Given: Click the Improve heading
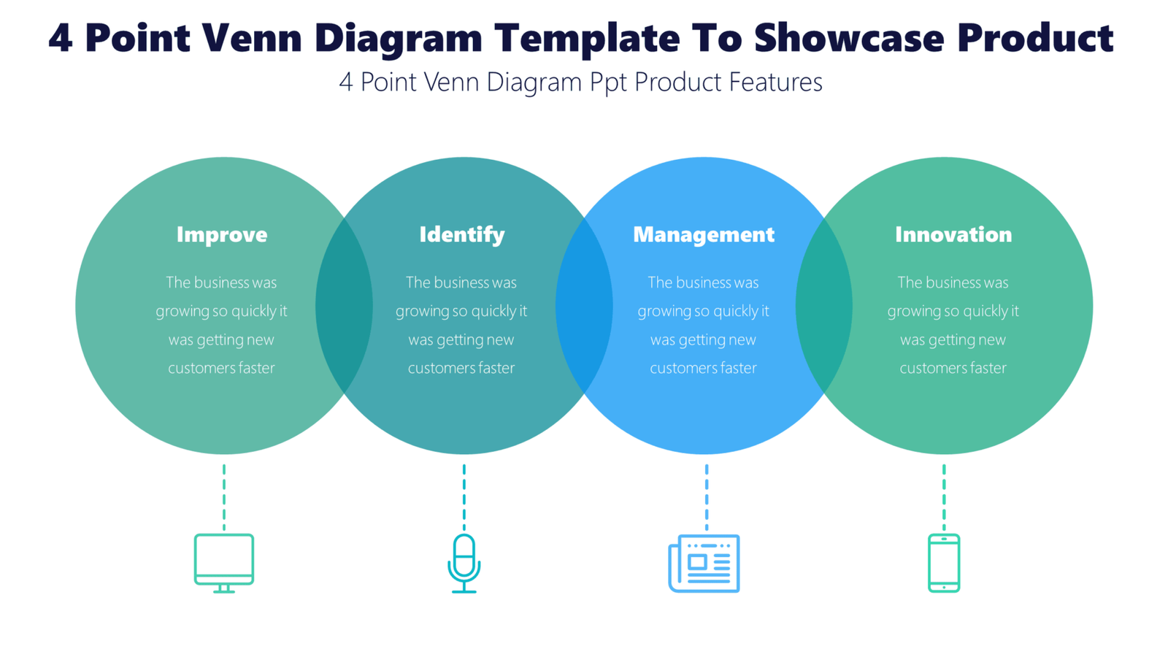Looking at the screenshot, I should click(222, 234).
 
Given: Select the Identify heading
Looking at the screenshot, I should click(462, 234).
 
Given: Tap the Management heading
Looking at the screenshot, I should click(703, 234).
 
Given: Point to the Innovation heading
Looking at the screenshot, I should click(953, 234).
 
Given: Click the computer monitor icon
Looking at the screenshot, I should click(224, 563).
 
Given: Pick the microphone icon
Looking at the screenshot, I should click(464, 563).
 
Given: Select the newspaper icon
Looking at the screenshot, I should click(704, 563).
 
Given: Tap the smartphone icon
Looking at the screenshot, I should click(944, 563).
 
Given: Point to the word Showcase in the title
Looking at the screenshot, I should click(850, 38).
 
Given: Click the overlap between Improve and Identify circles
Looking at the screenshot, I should click(344, 306).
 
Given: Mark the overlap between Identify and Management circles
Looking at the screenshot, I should click(584, 306).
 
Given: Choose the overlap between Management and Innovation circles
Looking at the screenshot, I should click(824, 306).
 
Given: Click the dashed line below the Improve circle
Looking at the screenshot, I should click(224, 496).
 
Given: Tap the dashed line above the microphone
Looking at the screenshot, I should click(464, 496).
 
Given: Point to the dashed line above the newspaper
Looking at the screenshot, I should click(706, 496).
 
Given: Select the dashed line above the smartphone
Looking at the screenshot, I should click(944, 496).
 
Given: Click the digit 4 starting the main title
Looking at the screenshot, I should click(61, 38).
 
